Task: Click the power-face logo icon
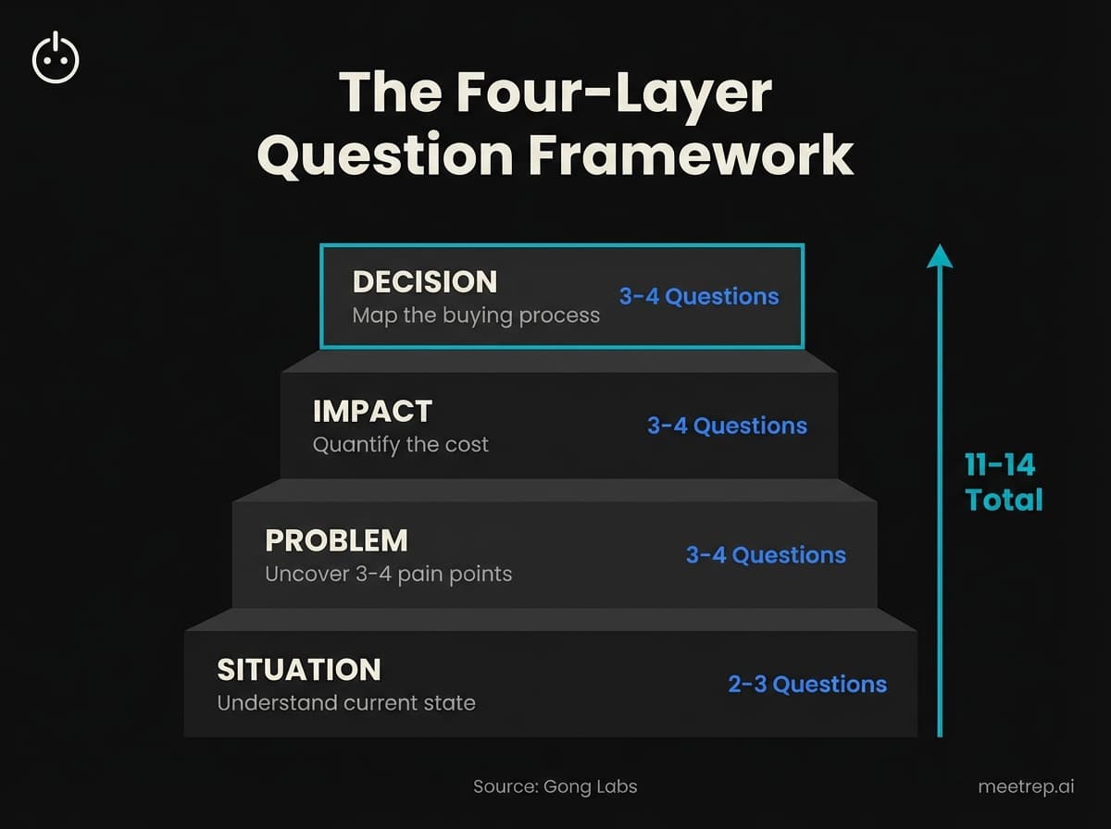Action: tap(56, 58)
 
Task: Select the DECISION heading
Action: tap(425, 281)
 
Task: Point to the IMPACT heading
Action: tap(372, 411)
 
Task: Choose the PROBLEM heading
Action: tap(336, 540)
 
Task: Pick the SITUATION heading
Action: tap(298, 670)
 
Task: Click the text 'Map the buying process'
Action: tap(476, 316)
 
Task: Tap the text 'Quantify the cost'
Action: tap(400, 445)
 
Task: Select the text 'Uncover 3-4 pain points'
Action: tap(388, 574)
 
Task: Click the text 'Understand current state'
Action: tap(345, 703)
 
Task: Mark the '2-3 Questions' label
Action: tap(807, 685)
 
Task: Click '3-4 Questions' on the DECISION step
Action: tap(699, 297)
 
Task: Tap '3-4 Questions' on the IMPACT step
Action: tap(727, 427)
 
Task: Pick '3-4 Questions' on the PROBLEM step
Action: tap(766, 555)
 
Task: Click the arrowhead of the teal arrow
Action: tap(940, 255)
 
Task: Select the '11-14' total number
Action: tap(1000, 464)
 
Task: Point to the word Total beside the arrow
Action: tap(1004, 501)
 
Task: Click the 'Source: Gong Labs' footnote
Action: tap(555, 787)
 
